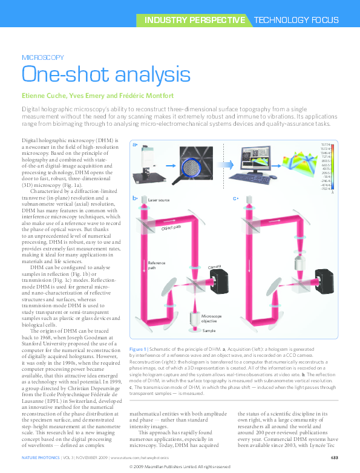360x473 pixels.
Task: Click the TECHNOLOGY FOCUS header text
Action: [x=296, y=20]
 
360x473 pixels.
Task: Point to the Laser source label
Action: [x=159, y=200]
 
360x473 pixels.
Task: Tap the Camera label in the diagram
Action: [x=214, y=267]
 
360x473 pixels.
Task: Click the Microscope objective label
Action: [x=212, y=319]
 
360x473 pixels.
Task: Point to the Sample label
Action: [x=209, y=331]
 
